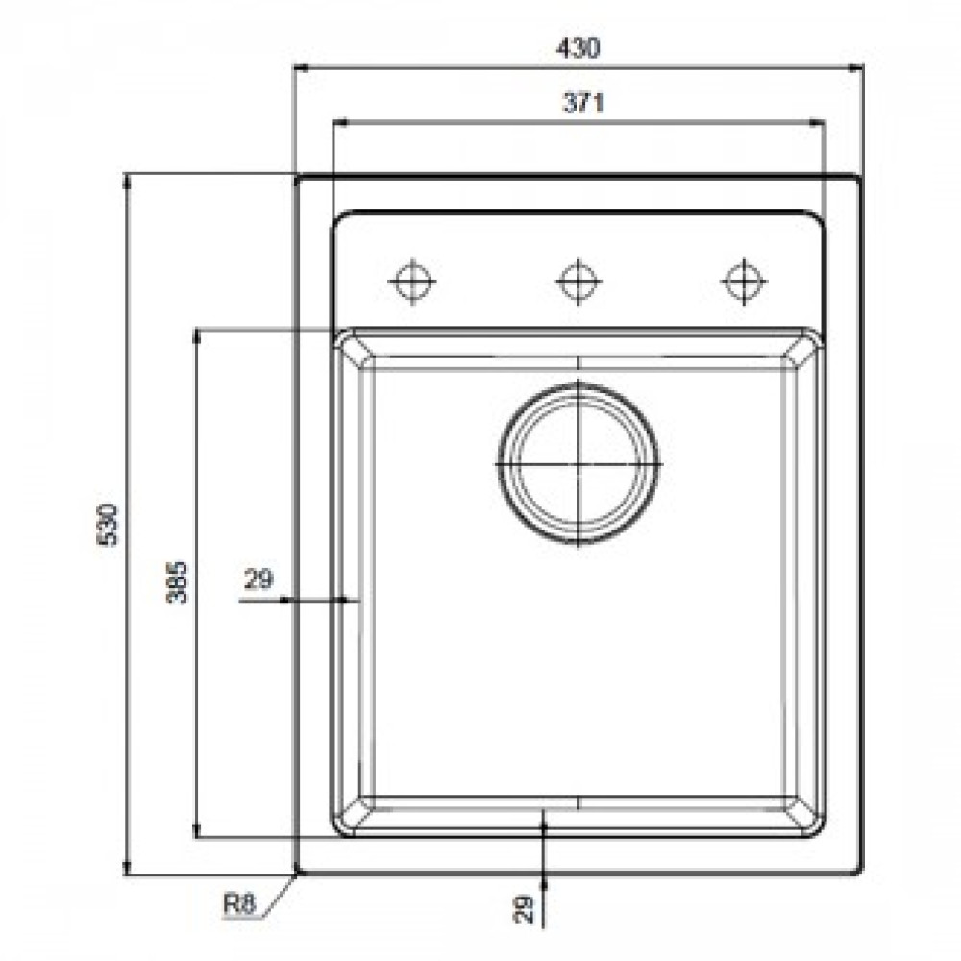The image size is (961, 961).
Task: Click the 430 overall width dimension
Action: (579, 48)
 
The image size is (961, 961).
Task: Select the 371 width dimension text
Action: (583, 103)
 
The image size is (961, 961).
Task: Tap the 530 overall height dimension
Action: (109, 525)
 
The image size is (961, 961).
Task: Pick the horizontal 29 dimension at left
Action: (259, 579)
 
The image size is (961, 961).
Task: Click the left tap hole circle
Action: (413, 282)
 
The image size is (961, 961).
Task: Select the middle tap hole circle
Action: (579, 282)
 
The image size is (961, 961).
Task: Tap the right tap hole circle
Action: (744, 282)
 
